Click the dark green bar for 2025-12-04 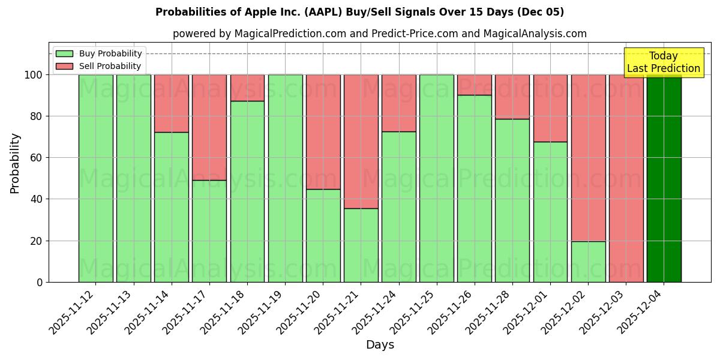(664, 178)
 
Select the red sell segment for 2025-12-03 (626, 178)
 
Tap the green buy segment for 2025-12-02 (588, 262)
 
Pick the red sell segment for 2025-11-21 (361, 141)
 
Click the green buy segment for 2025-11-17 (209, 231)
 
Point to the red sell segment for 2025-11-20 (323, 131)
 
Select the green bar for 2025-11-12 (95, 178)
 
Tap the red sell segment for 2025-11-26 (475, 85)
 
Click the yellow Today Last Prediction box (664, 62)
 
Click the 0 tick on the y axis (40, 282)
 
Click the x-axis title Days (380, 345)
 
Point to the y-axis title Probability (15, 163)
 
